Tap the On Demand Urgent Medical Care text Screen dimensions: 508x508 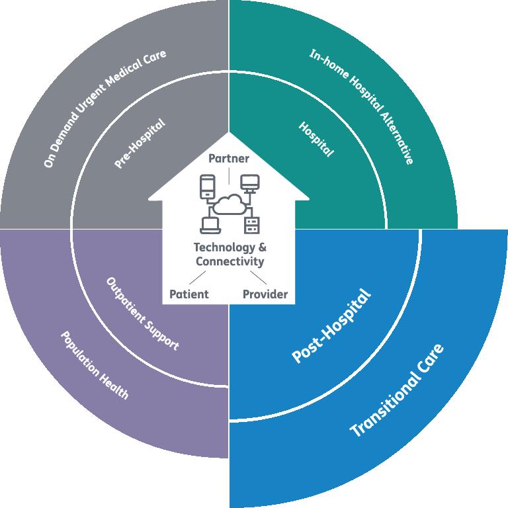105,108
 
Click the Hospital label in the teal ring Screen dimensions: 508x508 316,139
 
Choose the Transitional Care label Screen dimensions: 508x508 397,390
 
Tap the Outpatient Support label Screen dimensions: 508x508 142,314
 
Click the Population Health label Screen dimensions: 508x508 95,365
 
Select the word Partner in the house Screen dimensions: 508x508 229,159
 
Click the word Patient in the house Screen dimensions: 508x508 189,294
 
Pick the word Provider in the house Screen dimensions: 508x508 265,294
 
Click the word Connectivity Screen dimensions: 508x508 229,261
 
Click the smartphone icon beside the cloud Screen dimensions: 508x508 206,186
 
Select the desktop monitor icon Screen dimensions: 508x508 249,183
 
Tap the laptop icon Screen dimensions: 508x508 208,224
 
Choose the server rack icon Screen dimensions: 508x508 251,225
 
